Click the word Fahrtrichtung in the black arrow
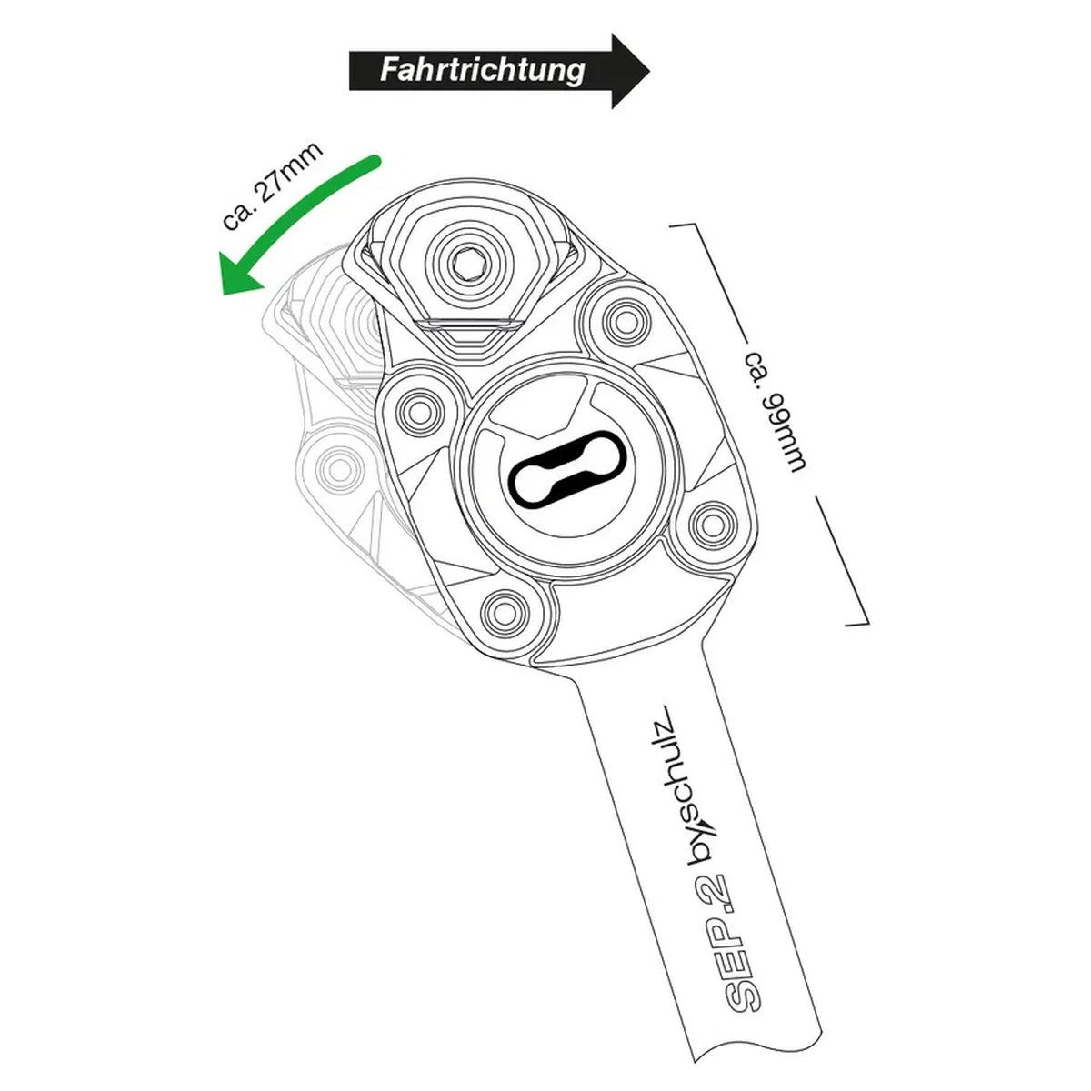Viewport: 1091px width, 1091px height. point(483,71)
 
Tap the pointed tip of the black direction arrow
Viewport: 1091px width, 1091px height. point(649,71)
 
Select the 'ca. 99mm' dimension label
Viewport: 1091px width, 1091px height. point(773,419)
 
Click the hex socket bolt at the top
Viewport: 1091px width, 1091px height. point(469,263)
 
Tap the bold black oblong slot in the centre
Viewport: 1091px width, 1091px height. point(569,467)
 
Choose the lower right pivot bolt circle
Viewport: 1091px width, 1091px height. point(709,524)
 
